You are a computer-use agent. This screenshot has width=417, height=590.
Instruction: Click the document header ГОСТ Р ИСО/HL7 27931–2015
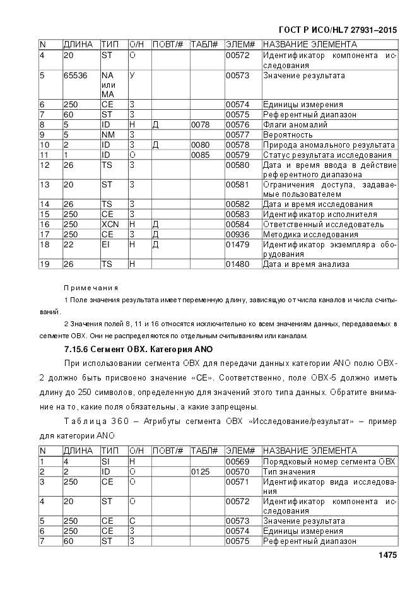click(x=338, y=30)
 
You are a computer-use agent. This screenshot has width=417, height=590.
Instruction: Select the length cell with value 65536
click(x=74, y=76)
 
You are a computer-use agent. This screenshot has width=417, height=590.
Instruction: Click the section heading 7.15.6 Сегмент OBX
click(x=138, y=349)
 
